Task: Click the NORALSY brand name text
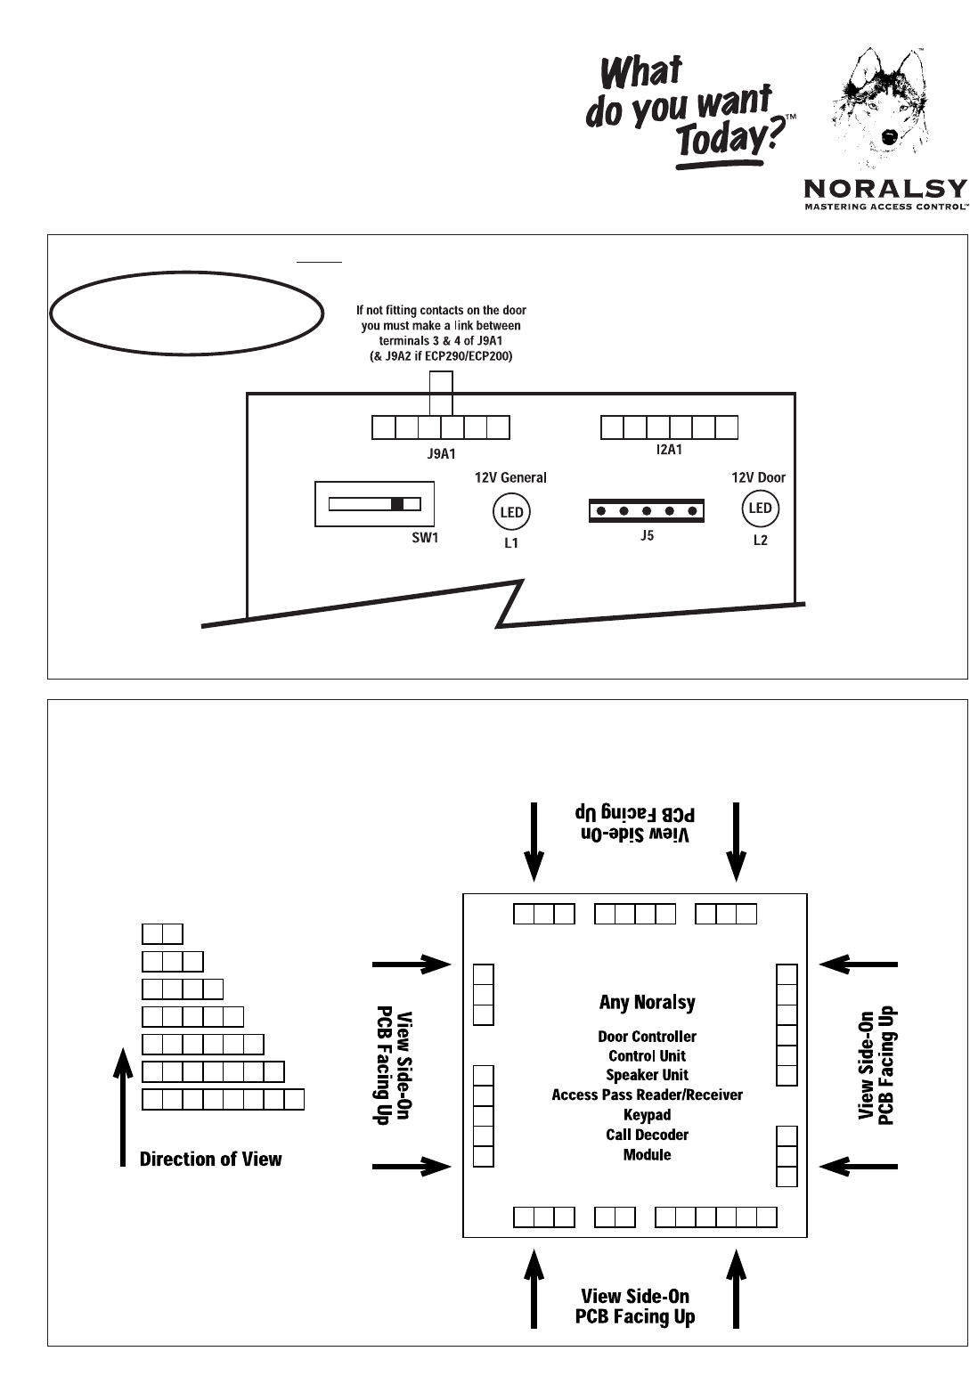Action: point(884,189)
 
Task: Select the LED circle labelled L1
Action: point(511,512)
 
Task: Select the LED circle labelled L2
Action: point(760,509)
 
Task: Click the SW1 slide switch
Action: point(374,504)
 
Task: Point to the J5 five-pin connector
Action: point(647,511)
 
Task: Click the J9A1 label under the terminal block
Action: point(441,453)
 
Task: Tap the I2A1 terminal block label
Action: point(669,450)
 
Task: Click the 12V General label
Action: point(510,477)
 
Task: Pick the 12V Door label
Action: point(759,477)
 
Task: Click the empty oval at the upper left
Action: point(186,313)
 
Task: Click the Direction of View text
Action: point(210,1159)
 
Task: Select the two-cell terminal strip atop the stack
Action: point(162,934)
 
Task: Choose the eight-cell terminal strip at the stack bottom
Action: point(223,1099)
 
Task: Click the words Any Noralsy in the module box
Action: point(647,1002)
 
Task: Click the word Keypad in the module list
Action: point(647,1115)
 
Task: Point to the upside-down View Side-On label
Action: point(635,825)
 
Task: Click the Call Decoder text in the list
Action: point(647,1135)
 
